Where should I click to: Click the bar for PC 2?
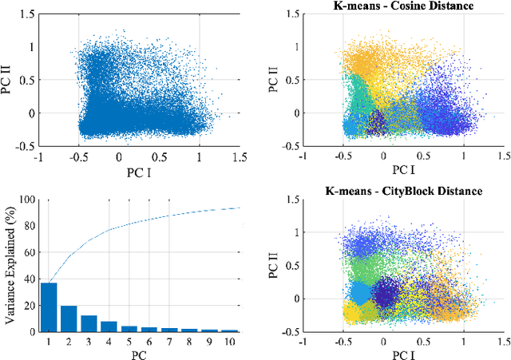point(69,318)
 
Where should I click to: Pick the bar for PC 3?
point(89,323)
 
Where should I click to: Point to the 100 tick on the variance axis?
point(28,200)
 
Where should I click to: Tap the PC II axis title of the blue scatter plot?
point(10,81)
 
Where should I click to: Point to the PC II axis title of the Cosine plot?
point(274,81)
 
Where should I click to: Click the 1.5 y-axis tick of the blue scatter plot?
point(27,14)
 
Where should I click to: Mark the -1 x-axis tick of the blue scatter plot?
point(38,157)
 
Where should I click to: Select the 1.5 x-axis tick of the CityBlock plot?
point(504,341)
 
